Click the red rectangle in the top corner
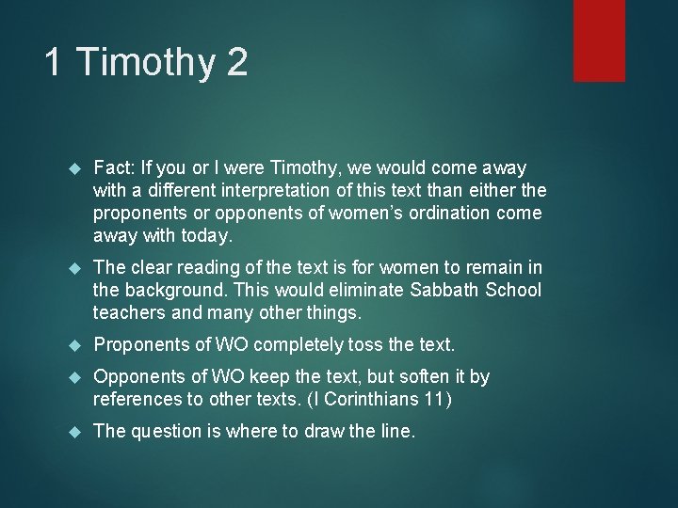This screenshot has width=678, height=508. [600, 40]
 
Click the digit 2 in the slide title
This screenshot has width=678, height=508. [236, 63]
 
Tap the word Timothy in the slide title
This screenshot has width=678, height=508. [145, 63]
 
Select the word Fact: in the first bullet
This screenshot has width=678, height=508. [113, 168]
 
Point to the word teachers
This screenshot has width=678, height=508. [128, 313]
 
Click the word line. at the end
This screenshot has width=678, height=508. [396, 432]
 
